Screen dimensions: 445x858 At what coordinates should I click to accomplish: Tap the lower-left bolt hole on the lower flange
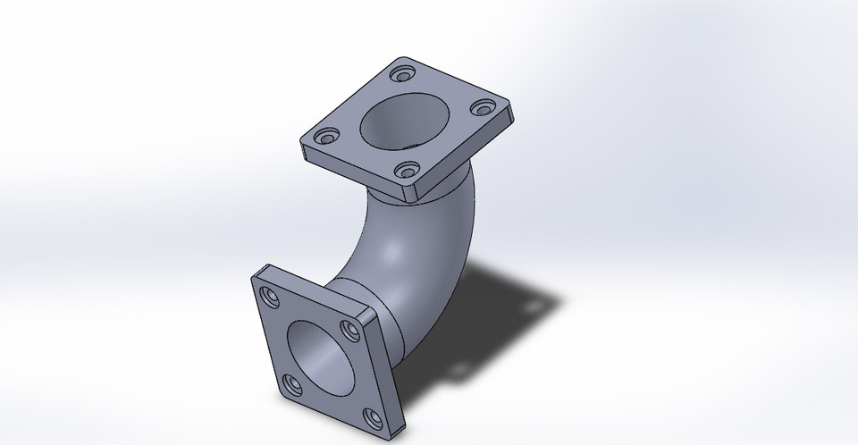291,385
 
